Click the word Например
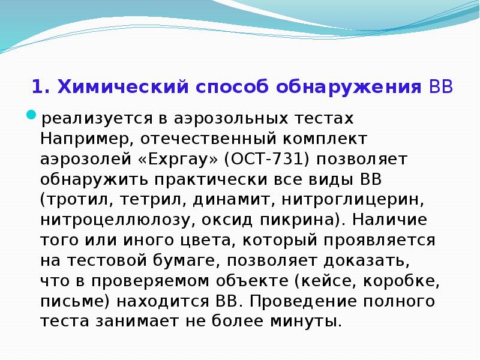pos(82,139)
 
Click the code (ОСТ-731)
pos(266,159)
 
